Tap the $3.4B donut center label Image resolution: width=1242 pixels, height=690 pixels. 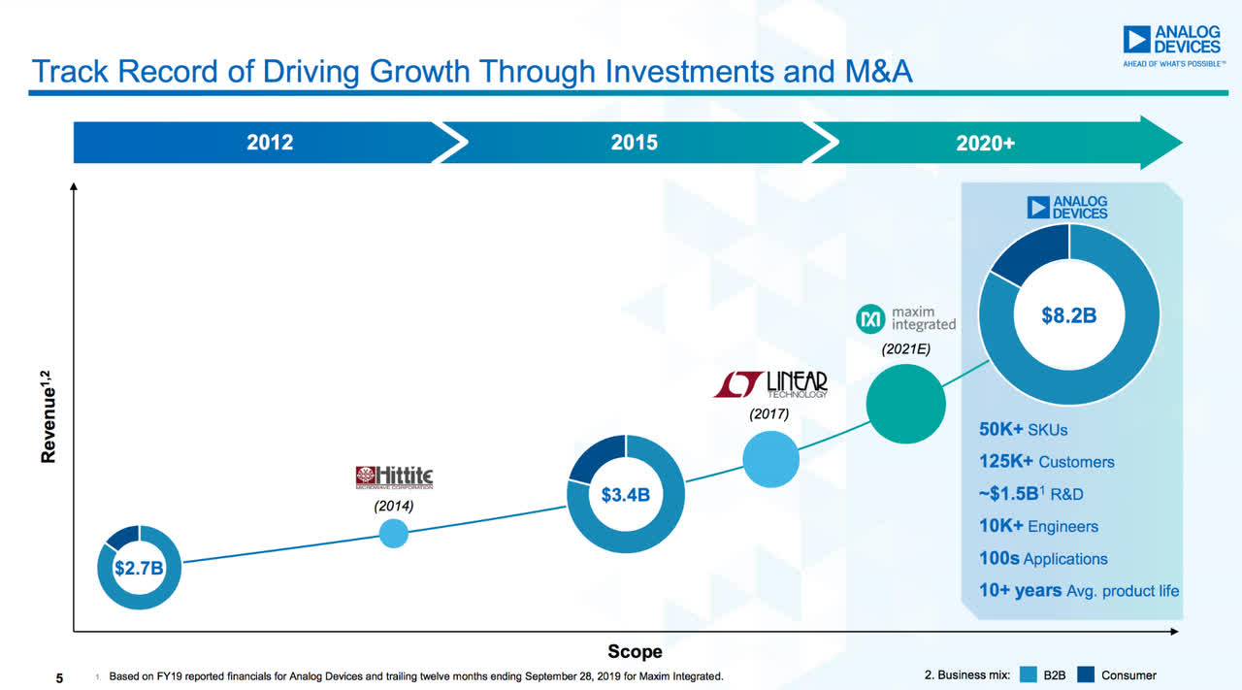pyautogui.click(x=626, y=496)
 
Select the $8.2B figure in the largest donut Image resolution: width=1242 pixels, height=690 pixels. pyautogui.click(x=1068, y=314)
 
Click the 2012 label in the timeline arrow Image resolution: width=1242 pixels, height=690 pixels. pyautogui.click(x=270, y=143)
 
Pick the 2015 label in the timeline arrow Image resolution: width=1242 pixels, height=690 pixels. pyautogui.click(x=634, y=143)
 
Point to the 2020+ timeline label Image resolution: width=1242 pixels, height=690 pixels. pyautogui.click(x=985, y=144)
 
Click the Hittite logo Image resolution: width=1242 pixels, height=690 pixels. pyautogui.click(x=394, y=476)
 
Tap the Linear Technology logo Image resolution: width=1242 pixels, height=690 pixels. pyautogui.click(x=771, y=383)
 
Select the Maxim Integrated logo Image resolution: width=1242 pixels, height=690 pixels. pyautogui.click(x=906, y=318)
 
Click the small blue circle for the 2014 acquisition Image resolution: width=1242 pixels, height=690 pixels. pyautogui.click(x=393, y=533)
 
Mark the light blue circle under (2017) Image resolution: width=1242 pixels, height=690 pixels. pyautogui.click(x=771, y=458)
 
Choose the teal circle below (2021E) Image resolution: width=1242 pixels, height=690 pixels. pyautogui.click(x=905, y=404)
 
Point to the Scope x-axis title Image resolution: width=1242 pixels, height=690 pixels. pyautogui.click(x=635, y=651)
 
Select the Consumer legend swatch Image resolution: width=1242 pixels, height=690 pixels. pyautogui.click(x=1086, y=675)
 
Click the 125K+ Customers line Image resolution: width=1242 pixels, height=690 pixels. pyautogui.click(x=1046, y=462)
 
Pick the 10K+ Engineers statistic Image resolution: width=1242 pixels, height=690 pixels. pyautogui.click(x=1038, y=527)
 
